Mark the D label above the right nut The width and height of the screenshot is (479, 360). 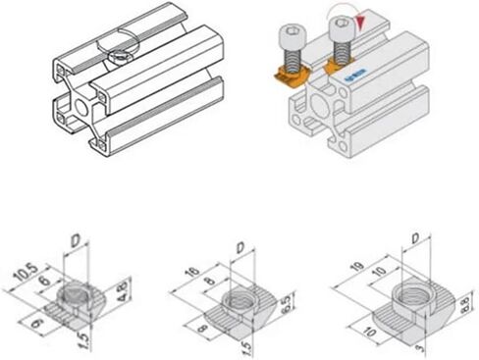click(x=416, y=238)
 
